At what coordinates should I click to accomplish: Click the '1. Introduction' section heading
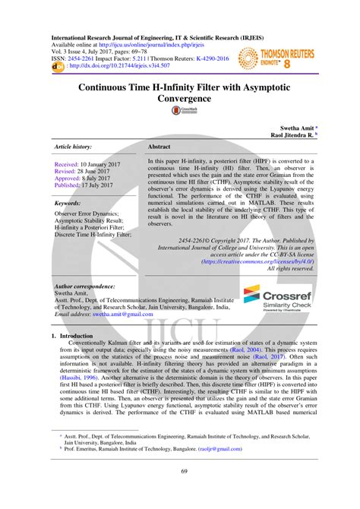(71, 334)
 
